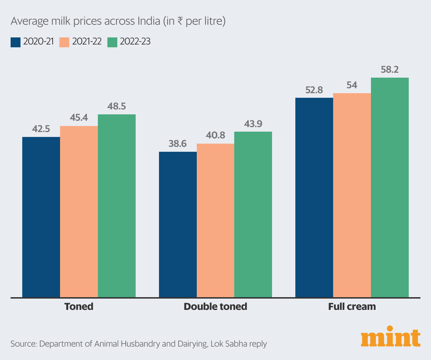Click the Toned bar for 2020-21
point(41,217)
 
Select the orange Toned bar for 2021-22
point(79,211)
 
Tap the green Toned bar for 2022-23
point(117,205)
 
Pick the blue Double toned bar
point(178,224)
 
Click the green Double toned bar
point(253,214)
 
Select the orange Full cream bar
point(352,195)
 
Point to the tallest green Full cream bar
point(390,187)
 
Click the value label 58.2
point(390,70)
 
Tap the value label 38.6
point(178,144)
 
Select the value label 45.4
point(79,118)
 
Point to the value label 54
point(352,85)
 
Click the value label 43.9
point(253,124)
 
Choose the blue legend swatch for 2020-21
point(16,42)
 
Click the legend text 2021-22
point(87,42)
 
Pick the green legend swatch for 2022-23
point(112,42)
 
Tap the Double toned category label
point(215,306)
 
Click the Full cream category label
point(352,306)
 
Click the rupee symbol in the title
point(180,22)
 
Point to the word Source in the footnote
point(23,344)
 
